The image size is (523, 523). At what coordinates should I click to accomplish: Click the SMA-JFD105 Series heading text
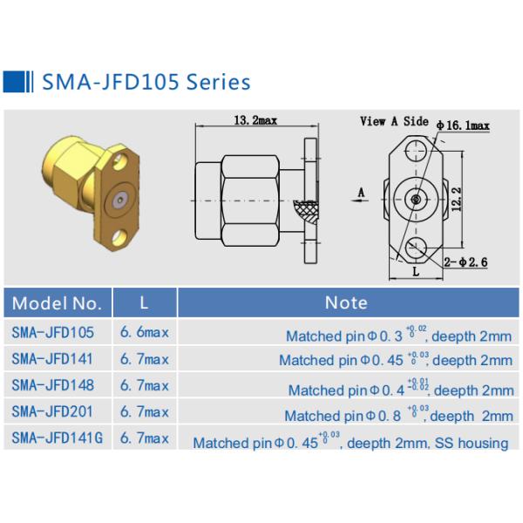click(146, 82)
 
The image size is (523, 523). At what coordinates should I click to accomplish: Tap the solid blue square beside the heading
click(14, 81)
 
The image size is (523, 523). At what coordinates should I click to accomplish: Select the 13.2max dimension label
click(255, 120)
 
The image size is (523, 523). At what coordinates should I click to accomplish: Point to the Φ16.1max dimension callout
click(463, 126)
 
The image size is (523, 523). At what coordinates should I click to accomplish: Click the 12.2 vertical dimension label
click(457, 199)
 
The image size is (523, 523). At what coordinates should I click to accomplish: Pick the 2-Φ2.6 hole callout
click(465, 262)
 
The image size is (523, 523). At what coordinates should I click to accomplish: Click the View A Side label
click(394, 121)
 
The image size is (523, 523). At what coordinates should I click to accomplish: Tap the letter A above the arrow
click(361, 193)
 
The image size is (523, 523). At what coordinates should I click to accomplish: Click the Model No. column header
click(57, 303)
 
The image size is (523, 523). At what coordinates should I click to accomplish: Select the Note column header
click(346, 302)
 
